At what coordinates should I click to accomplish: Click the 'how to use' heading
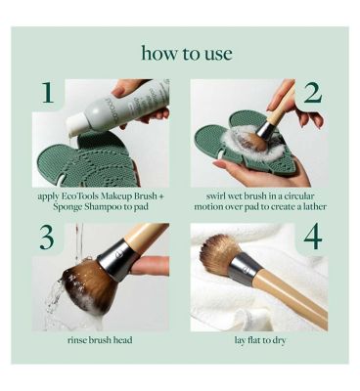pos(187,54)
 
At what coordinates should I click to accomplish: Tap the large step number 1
pos(48,92)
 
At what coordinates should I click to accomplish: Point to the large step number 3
pos(47,238)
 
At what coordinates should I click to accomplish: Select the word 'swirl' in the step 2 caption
pos(216,196)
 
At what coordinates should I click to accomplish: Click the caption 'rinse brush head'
pos(100,340)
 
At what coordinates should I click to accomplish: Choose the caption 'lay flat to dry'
pos(260,340)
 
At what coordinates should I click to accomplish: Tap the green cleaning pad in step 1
pos(86,160)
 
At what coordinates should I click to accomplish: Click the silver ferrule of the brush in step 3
pos(114,258)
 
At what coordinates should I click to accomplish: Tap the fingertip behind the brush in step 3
pos(151,266)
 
